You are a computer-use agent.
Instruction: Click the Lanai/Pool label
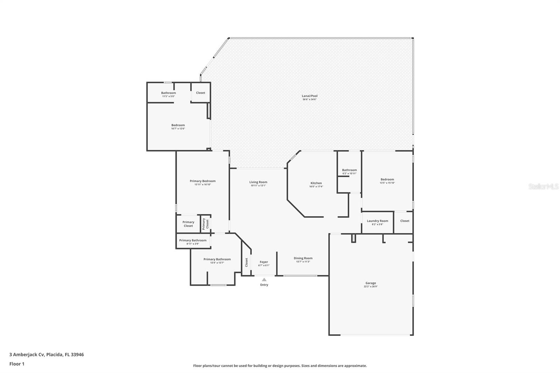coord(309,96)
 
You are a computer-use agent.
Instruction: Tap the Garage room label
coord(371,283)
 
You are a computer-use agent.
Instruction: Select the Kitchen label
coord(316,183)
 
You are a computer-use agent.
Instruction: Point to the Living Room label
coord(258,182)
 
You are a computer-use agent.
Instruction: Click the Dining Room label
coord(303,258)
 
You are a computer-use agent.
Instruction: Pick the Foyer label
coord(264,262)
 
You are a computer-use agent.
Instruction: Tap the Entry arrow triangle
coord(264,279)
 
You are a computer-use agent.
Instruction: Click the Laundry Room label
coord(377,221)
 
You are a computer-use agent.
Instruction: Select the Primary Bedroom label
coord(203,181)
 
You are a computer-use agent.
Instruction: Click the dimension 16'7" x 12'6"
coord(178,129)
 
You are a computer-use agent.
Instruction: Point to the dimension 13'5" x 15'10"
coord(387,183)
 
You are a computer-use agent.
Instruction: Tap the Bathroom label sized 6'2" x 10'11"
coord(349,170)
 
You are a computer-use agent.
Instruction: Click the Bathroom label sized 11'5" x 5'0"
coord(168,93)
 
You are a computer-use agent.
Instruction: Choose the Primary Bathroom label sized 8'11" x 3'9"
coord(192,240)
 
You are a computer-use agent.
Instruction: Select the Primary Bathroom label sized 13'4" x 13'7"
coord(217,259)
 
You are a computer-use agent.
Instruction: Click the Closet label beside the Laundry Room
coord(405,221)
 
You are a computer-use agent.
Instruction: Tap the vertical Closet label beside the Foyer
coord(246,262)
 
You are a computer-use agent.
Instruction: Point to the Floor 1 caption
coord(17,364)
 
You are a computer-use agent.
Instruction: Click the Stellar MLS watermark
coord(543,186)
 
